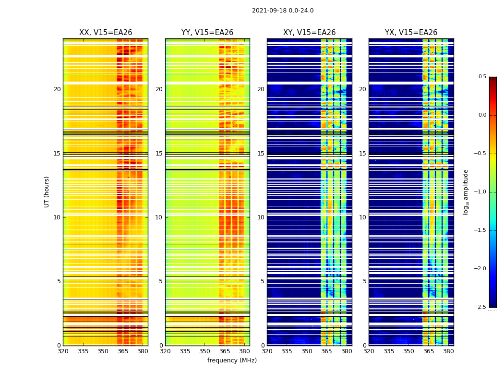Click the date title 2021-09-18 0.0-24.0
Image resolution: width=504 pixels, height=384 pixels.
(282, 11)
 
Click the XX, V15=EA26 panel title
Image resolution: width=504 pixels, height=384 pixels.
(106, 33)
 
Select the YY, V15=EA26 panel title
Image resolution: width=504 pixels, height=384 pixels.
(207, 33)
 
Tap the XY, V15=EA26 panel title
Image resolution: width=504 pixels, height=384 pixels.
(309, 33)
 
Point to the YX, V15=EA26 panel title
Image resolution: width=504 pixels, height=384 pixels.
(411, 33)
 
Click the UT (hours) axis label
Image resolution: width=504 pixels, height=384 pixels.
(47, 192)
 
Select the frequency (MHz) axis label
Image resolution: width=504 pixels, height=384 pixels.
(232, 360)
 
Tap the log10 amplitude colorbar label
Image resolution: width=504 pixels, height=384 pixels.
(466, 192)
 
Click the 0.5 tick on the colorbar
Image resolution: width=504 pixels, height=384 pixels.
(482, 77)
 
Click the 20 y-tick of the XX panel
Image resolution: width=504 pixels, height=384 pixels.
(57, 89)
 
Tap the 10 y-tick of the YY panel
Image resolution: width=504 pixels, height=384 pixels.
(159, 217)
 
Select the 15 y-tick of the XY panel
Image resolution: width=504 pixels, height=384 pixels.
(261, 154)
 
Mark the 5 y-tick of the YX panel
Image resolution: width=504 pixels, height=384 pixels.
(364, 281)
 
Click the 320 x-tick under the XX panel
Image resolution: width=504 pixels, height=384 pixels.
(63, 351)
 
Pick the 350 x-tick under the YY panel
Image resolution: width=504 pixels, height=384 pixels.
(204, 351)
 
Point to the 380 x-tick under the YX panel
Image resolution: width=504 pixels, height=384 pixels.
(448, 351)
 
